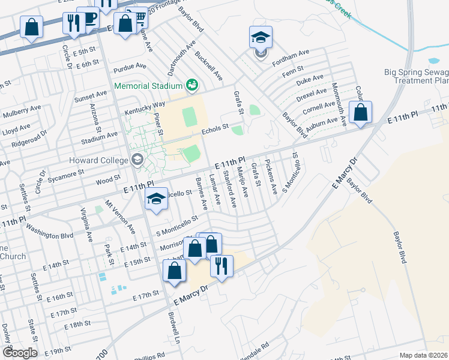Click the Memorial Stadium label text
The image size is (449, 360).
149,85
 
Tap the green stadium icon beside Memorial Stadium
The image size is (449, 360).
192,86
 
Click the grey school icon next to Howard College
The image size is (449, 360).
137,160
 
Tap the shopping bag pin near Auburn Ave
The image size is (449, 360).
360,112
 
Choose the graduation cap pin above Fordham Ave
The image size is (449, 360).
261,38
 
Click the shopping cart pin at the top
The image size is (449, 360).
140,16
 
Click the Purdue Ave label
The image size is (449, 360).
133,66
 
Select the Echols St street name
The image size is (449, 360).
215,128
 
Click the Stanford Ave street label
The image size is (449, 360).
229,190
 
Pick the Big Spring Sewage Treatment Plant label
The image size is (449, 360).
417,76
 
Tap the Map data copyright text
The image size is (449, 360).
423,355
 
